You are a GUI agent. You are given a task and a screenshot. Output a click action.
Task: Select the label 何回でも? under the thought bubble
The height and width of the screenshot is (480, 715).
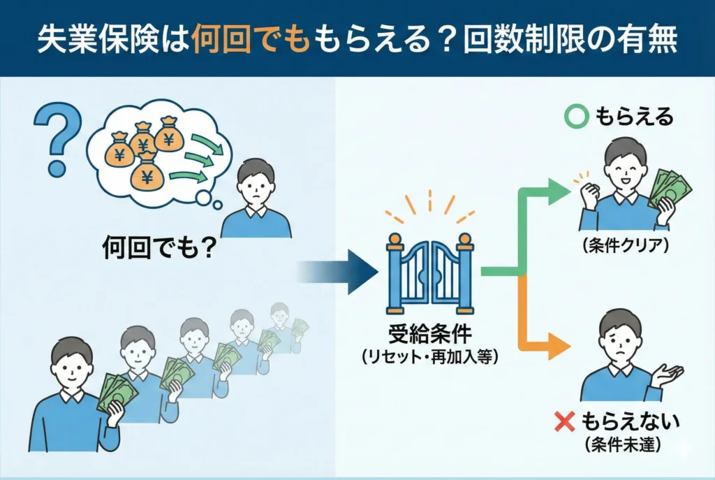157,247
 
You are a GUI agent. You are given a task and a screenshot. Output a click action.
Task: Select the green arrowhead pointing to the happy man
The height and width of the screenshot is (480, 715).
559,191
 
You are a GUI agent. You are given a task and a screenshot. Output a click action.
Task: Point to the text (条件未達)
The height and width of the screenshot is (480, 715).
620,443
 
